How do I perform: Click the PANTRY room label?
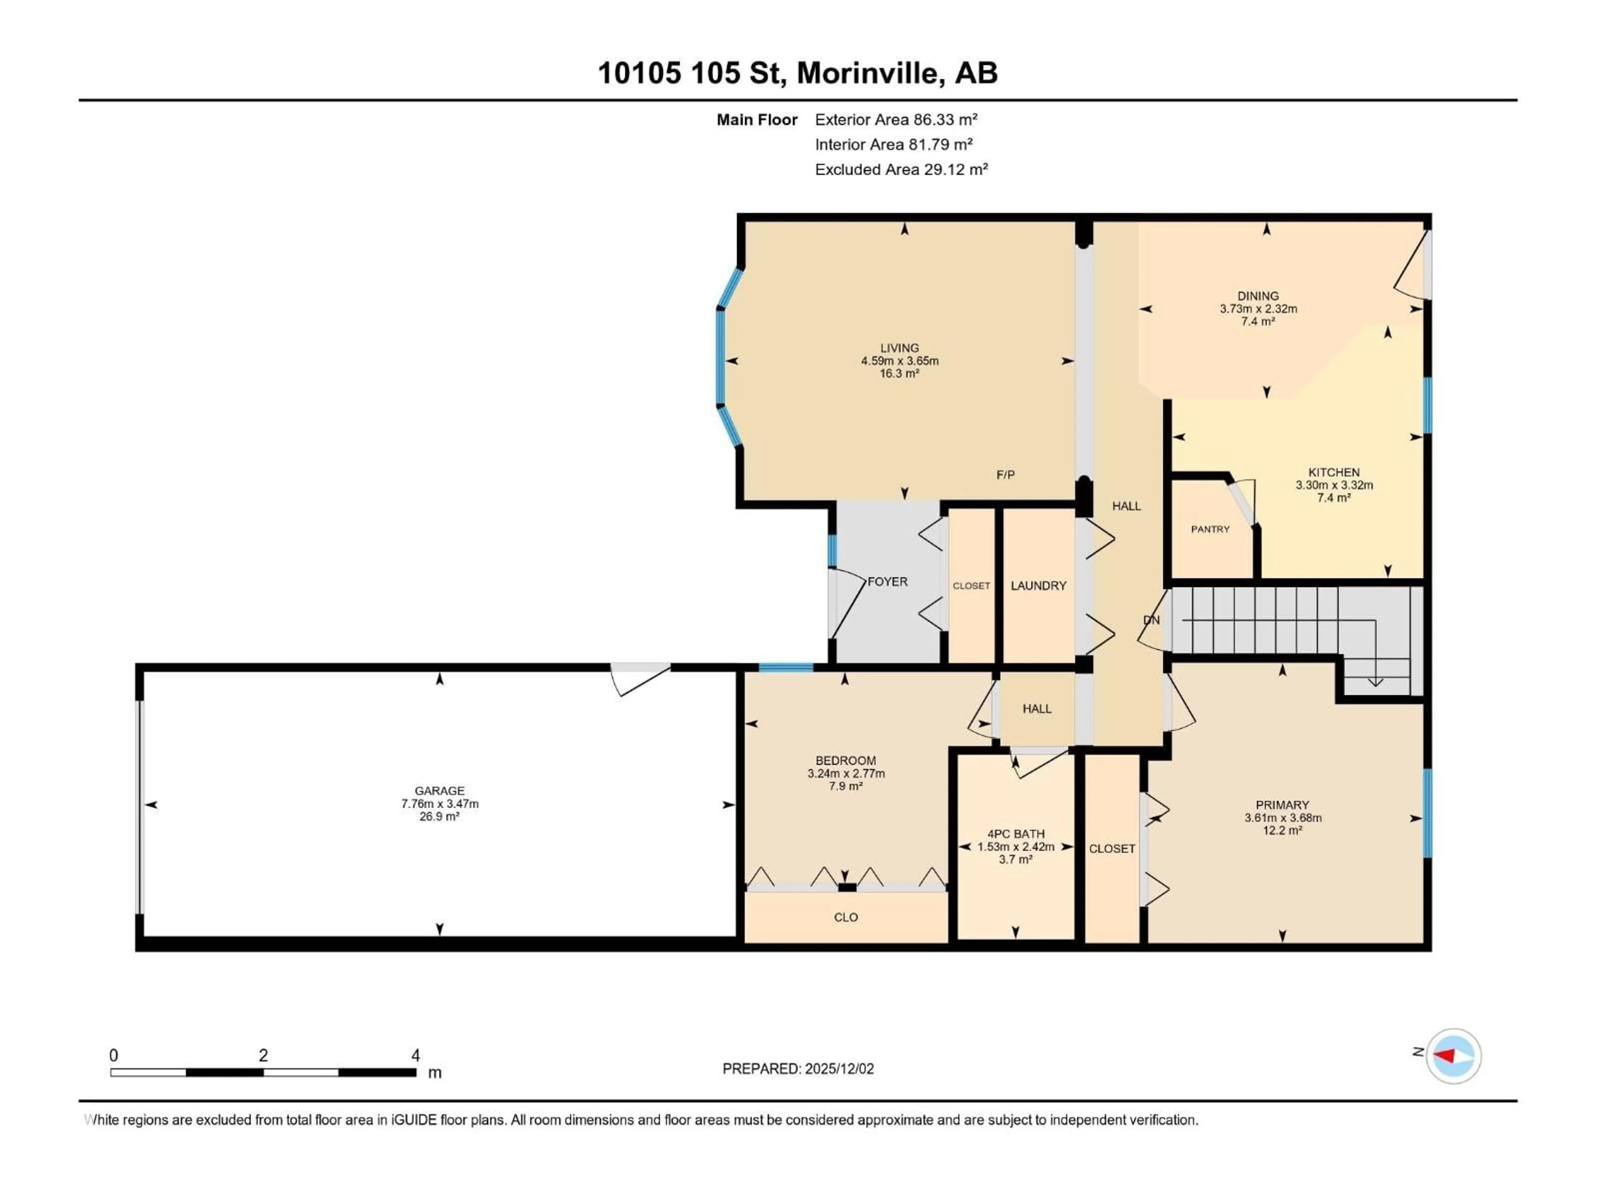click(1210, 529)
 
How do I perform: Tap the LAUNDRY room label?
click(1038, 586)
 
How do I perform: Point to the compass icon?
click(1454, 1056)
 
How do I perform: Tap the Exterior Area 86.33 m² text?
click(896, 120)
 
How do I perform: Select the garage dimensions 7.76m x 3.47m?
click(440, 804)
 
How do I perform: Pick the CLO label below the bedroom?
click(845, 917)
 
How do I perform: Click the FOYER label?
click(887, 581)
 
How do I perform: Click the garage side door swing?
click(639, 680)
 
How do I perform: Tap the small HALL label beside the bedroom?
click(1037, 708)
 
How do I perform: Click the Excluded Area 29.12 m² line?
click(901, 170)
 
